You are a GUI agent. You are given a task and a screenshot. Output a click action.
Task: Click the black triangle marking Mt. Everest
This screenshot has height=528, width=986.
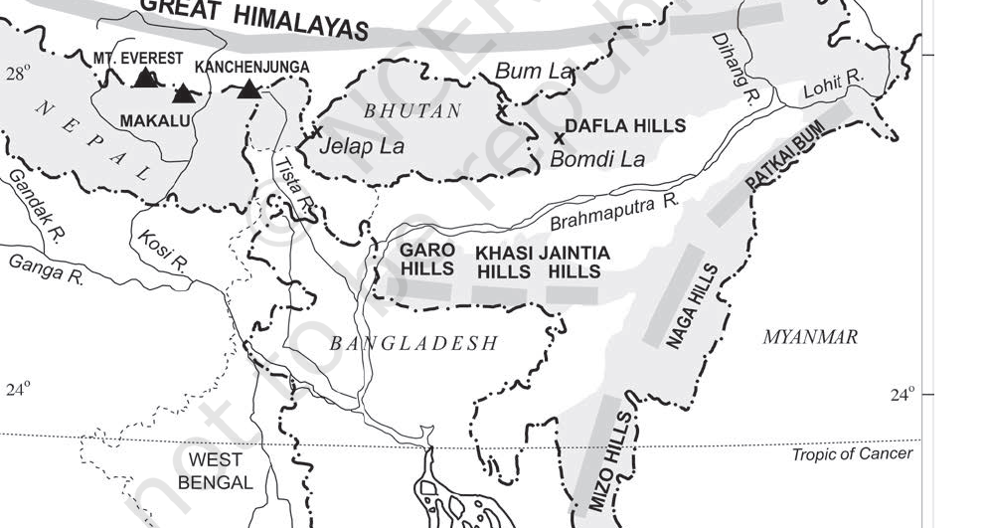point(145,78)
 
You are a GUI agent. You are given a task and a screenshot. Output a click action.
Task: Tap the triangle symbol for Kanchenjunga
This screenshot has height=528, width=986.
point(248,89)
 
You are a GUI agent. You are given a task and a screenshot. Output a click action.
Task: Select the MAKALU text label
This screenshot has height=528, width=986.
point(154,120)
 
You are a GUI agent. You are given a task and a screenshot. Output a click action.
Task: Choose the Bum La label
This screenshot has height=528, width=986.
point(535,71)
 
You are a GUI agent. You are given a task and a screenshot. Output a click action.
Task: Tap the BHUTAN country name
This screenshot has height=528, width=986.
point(412,111)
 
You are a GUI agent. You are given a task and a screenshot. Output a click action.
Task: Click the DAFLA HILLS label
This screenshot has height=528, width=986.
point(625,125)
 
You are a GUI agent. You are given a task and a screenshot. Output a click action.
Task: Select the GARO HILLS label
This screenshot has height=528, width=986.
point(427,259)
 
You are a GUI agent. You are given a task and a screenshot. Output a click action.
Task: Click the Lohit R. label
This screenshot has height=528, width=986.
point(841,88)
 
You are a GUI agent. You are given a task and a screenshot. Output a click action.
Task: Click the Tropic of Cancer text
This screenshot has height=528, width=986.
point(852,454)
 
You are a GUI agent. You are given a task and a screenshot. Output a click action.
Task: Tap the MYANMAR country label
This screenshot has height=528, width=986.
point(809,338)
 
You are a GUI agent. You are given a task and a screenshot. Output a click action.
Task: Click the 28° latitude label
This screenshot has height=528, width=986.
point(18,73)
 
